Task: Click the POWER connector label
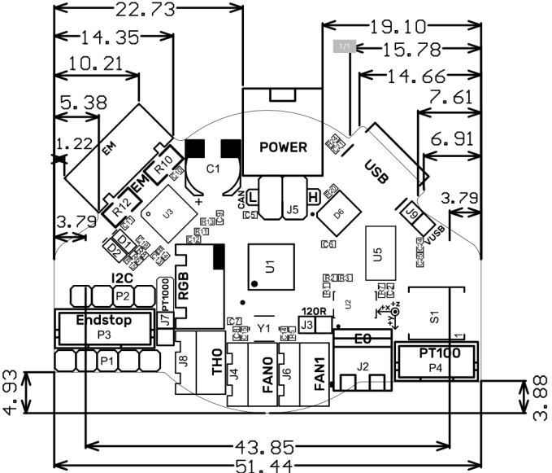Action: (x=283, y=147)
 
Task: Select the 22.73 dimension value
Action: (x=149, y=10)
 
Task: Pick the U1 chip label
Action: (x=271, y=265)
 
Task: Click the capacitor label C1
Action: (x=213, y=169)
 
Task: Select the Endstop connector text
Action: (x=103, y=319)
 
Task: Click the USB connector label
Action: (x=376, y=170)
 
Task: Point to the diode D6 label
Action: (x=339, y=213)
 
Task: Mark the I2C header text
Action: (x=123, y=279)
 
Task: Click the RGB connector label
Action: (x=185, y=287)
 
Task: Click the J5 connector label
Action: (x=292, y=209)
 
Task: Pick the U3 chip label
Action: (x=167, y=213)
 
